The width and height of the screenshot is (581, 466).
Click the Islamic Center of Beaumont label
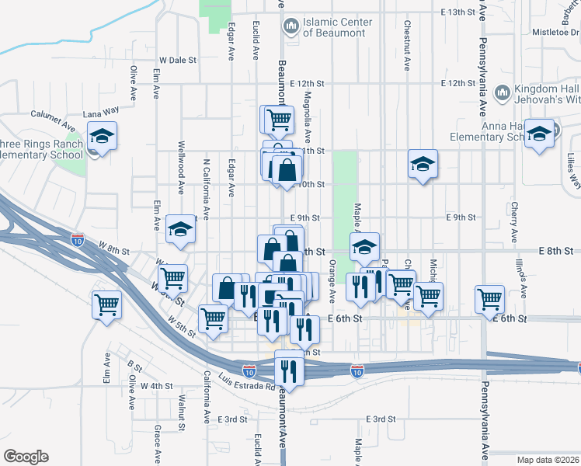tap(339, 27)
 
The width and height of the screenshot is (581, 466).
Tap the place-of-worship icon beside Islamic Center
tap(292, 27)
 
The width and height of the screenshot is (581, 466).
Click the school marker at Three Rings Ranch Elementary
tap(102, 137)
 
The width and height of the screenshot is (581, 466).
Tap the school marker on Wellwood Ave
tap(180, 229)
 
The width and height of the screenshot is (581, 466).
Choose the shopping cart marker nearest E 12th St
tap(277, 120)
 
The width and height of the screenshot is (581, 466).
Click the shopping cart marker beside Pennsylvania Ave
tap(489, 299)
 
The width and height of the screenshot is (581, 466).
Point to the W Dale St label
tap(178, 60)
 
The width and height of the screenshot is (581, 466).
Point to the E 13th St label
tap(457, 12)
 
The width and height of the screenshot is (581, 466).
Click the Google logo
tap(26, 456)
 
